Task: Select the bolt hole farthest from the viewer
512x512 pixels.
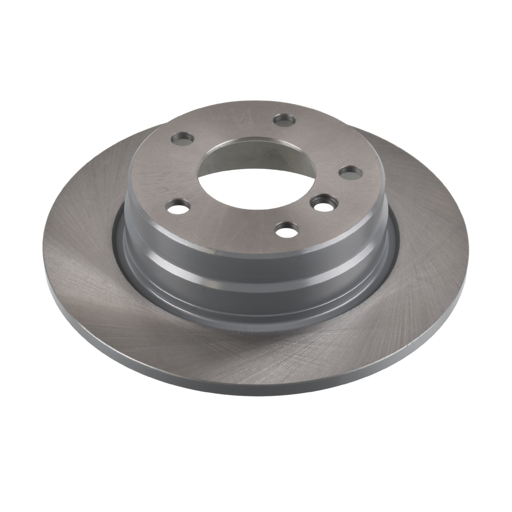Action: pos(285,119)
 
